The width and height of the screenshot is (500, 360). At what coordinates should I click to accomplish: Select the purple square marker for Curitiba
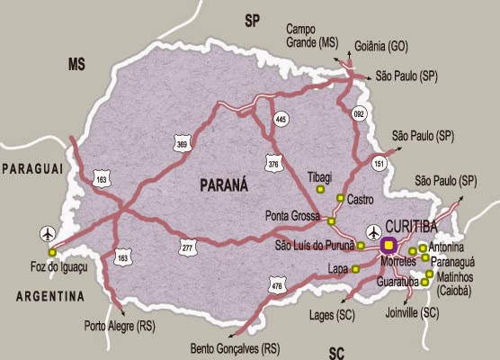(x=389, y=244)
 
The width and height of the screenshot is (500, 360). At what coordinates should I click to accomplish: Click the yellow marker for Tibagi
(x=321, y=190)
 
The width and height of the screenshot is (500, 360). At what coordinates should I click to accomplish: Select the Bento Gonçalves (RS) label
(x=235, y=347)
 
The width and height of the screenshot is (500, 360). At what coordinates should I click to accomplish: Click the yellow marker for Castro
(x=340, y=198)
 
